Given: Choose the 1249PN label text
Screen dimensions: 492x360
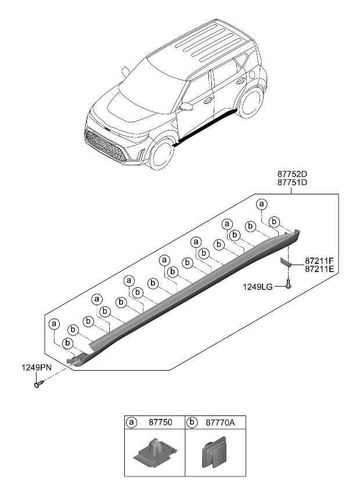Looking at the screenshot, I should [35, 367].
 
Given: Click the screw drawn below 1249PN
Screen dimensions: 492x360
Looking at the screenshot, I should [38, 384].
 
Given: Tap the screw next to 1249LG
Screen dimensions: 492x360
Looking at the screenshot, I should [289, 284].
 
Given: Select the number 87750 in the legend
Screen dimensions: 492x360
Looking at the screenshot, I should [157, 423].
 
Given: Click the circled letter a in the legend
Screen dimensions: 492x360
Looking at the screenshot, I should [132, 423].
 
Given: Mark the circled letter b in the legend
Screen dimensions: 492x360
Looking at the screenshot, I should [193, 423].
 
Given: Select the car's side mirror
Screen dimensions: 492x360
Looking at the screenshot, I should [186, 107].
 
